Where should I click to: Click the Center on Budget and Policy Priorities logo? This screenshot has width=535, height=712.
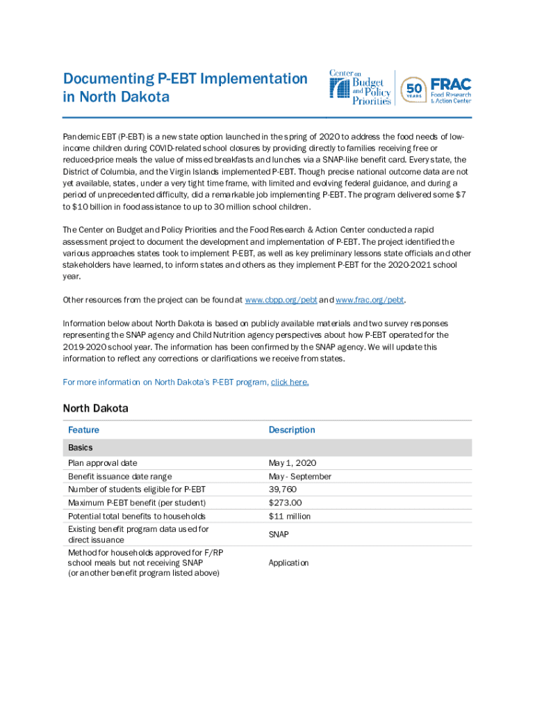coord(360,88)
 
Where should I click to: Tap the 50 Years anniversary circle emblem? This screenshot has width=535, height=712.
coord(414,88)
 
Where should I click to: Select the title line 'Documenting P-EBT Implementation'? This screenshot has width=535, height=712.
coord(185,79)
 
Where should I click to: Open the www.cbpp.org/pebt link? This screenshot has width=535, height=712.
coord(281,300)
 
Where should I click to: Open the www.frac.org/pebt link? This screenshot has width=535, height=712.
coord(370,300)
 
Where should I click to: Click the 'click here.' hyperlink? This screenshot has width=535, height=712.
coord(290,382)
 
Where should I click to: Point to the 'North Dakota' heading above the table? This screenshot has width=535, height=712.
coord(95,408)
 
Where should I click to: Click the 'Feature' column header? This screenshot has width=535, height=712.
coord(83,430)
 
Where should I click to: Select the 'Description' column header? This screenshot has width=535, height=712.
coord(292,430)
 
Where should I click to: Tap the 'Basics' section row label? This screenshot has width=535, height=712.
coord(81,448)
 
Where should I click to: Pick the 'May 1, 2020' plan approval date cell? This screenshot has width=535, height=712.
coord(293,463)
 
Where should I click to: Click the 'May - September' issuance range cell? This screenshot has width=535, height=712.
coord(300,476)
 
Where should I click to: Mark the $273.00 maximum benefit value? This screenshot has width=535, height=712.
coord(286,503)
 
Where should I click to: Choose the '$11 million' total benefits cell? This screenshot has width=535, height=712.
coord(290,516)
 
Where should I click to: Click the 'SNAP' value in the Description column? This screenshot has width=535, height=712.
coord(279,534)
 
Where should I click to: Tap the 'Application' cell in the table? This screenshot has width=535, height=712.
coord(288,563)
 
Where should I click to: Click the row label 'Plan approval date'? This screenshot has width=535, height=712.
coord(102,463)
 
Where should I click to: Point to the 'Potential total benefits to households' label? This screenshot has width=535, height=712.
coord(137,516)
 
